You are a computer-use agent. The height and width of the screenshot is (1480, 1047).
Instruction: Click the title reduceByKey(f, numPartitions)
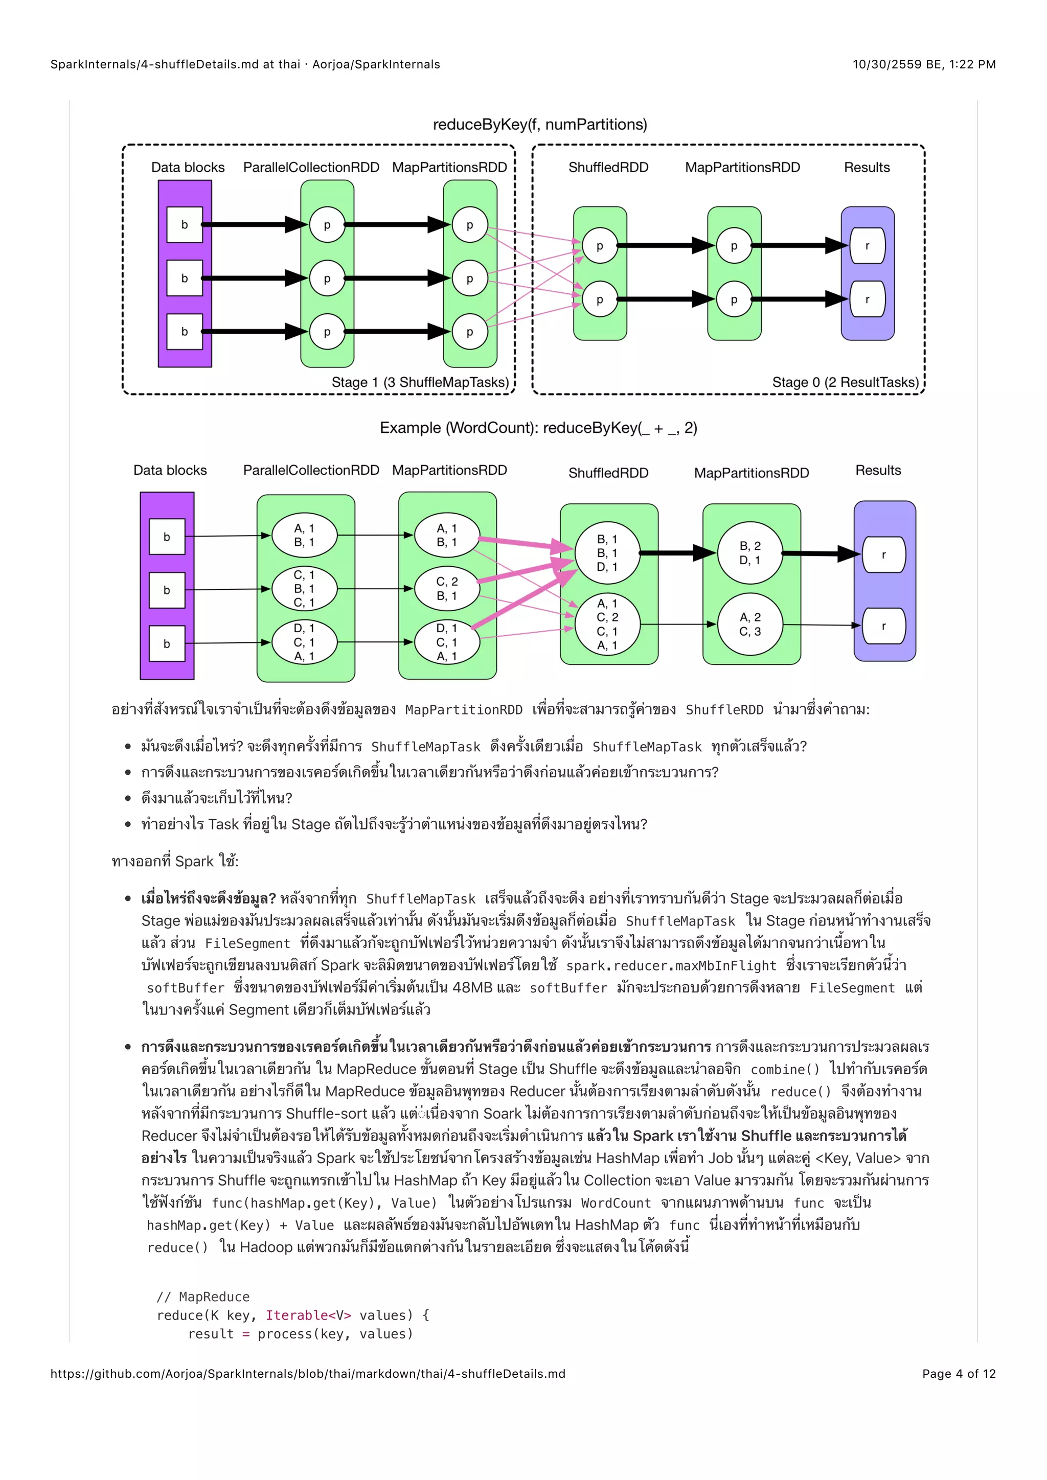coord(540,124)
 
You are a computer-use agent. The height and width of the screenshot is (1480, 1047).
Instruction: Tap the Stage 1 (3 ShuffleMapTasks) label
coord(420,382)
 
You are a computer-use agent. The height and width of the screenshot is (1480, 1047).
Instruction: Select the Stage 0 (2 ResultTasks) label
coord(845,382)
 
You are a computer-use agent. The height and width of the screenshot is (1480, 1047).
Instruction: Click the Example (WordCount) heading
coord(538,428)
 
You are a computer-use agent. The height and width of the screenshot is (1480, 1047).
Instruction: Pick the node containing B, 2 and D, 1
coord(750,553)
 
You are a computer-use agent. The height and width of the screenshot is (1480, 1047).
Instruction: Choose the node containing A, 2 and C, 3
coord(750,625)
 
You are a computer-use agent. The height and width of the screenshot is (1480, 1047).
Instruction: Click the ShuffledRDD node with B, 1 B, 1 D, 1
coord(607,553)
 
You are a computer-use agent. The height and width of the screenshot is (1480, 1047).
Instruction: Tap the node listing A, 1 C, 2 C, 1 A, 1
coord(607,624)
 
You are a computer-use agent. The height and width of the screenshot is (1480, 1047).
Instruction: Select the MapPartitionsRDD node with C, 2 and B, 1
coord(447,589)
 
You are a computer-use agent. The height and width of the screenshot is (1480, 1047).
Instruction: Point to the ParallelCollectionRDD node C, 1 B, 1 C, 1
coord(304,589)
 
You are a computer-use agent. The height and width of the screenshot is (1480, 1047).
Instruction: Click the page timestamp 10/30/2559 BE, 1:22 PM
coord(924,64)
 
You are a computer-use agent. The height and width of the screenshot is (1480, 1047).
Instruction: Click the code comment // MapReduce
coord(203,1297)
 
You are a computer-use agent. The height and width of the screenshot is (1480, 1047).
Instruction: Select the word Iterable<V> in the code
coord(308,1315)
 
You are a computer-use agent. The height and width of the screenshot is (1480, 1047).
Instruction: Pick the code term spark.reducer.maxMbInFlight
coord(671,965)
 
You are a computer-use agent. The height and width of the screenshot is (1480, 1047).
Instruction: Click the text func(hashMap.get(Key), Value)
coord(324,1203)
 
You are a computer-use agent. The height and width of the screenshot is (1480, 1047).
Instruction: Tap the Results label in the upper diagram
coord(867,168)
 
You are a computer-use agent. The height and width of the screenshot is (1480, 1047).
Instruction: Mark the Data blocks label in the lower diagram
coord(170,471)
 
